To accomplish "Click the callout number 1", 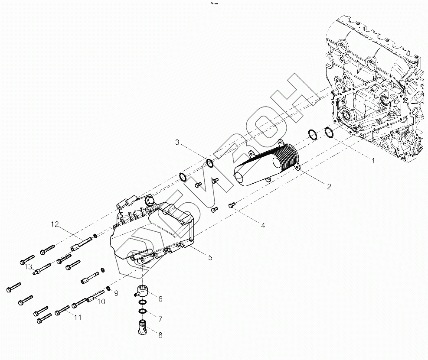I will click(372, 160).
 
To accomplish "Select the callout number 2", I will click(329, 187).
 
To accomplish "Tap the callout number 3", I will click(177, 142).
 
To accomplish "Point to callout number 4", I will click(263, 225).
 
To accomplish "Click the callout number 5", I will click(210, 257).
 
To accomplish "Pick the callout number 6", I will click(160, 299).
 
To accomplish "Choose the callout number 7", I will click(160, 319).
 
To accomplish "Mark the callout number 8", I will click(160, 335).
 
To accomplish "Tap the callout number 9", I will click(116, 293).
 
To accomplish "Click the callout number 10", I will click(101, 302).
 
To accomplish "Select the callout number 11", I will click(78, 318).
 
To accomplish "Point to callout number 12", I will click(54, 224).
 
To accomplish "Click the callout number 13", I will click(28, 266).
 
